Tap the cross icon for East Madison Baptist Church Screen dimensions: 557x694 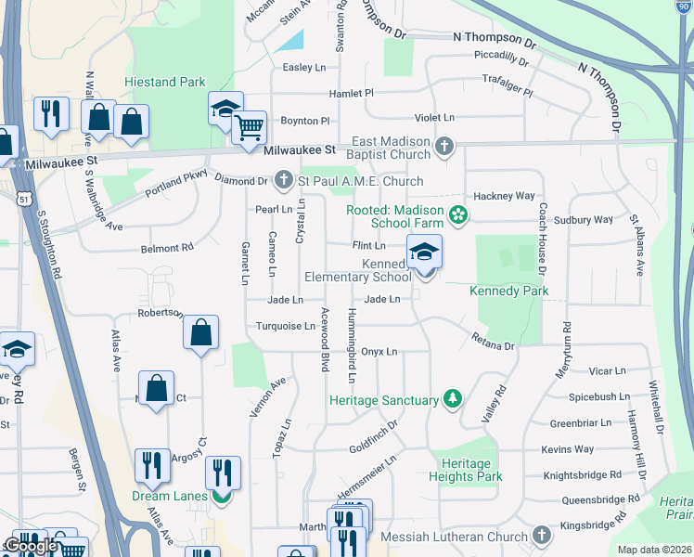pos(444,146)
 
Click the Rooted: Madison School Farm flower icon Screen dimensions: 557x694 pos(456,215)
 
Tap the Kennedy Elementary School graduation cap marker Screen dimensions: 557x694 pos(424,253)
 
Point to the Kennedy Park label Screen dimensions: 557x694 pos(509,291)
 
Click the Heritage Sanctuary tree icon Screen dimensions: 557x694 pos(452,399)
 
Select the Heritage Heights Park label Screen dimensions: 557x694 pos(466,470)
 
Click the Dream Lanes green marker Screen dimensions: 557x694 pos(221,496)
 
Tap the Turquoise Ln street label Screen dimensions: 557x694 pos(286,326)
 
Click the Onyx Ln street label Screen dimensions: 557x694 pos(379,352)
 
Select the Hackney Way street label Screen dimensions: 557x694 pos(505,196)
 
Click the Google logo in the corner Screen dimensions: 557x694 pos(31,546)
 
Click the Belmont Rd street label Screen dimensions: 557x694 pos(167,248)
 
